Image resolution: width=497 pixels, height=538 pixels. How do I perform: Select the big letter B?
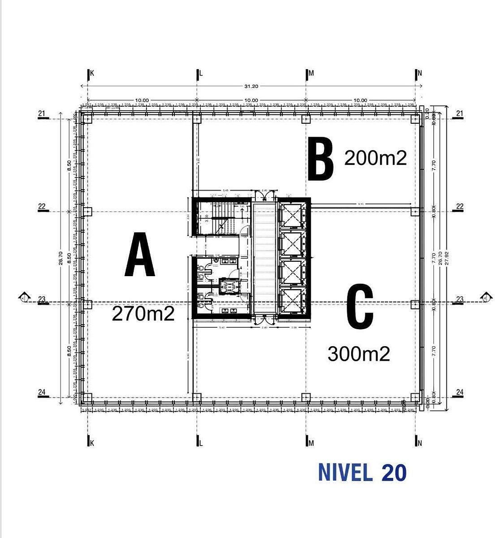tap(321, 159)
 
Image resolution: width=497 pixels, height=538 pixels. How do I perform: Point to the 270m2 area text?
tap(143, 314)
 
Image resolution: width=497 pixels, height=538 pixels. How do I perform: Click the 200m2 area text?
tap(375, 158)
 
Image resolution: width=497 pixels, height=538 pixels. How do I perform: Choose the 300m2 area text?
tap(359, 354)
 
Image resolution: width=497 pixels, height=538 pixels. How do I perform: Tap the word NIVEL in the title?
tap(345, 473)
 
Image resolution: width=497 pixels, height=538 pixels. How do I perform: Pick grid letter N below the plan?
tap(419, 443)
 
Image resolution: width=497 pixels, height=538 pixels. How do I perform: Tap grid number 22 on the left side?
tap(42, 207)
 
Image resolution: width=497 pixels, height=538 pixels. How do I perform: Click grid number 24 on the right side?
tap(459, 392)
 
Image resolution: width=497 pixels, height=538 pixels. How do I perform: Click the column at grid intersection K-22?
tap(88, 212)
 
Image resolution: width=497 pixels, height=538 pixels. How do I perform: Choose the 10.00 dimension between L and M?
tap(251, 100)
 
